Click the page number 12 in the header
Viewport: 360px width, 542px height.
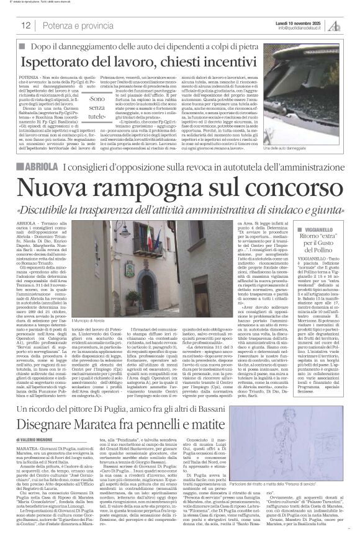click(27, 25)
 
